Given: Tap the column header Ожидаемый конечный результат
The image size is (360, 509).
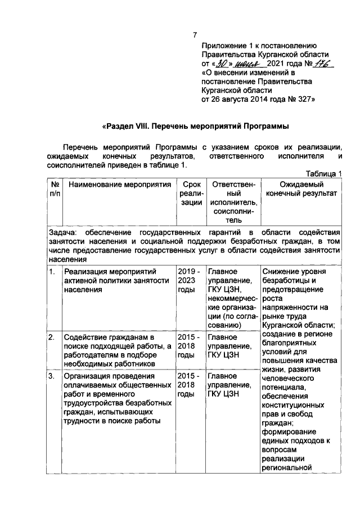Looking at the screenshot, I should [x=301, y=190].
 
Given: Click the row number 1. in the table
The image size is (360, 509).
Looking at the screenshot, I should [x=51, y=272].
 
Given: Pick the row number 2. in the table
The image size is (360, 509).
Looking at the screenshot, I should [x=51, y=337].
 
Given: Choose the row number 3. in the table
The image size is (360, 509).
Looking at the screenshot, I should [x=51, y=376].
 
